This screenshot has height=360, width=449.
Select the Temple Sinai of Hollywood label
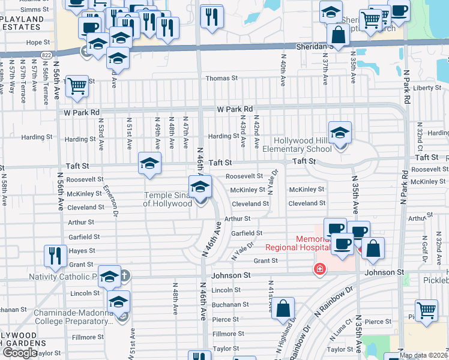[167, 199]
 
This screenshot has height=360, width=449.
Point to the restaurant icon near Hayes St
[55, 256]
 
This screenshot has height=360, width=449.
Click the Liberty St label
[427, 88]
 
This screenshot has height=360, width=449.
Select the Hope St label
[38, 43]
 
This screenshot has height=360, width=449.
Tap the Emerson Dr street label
[110, 199]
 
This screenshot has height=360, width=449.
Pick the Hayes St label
[82, 251]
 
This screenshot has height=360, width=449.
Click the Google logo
[20, 353]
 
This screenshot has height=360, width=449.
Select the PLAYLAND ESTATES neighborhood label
[22, 23]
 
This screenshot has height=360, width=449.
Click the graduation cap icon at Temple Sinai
[200, 187]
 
